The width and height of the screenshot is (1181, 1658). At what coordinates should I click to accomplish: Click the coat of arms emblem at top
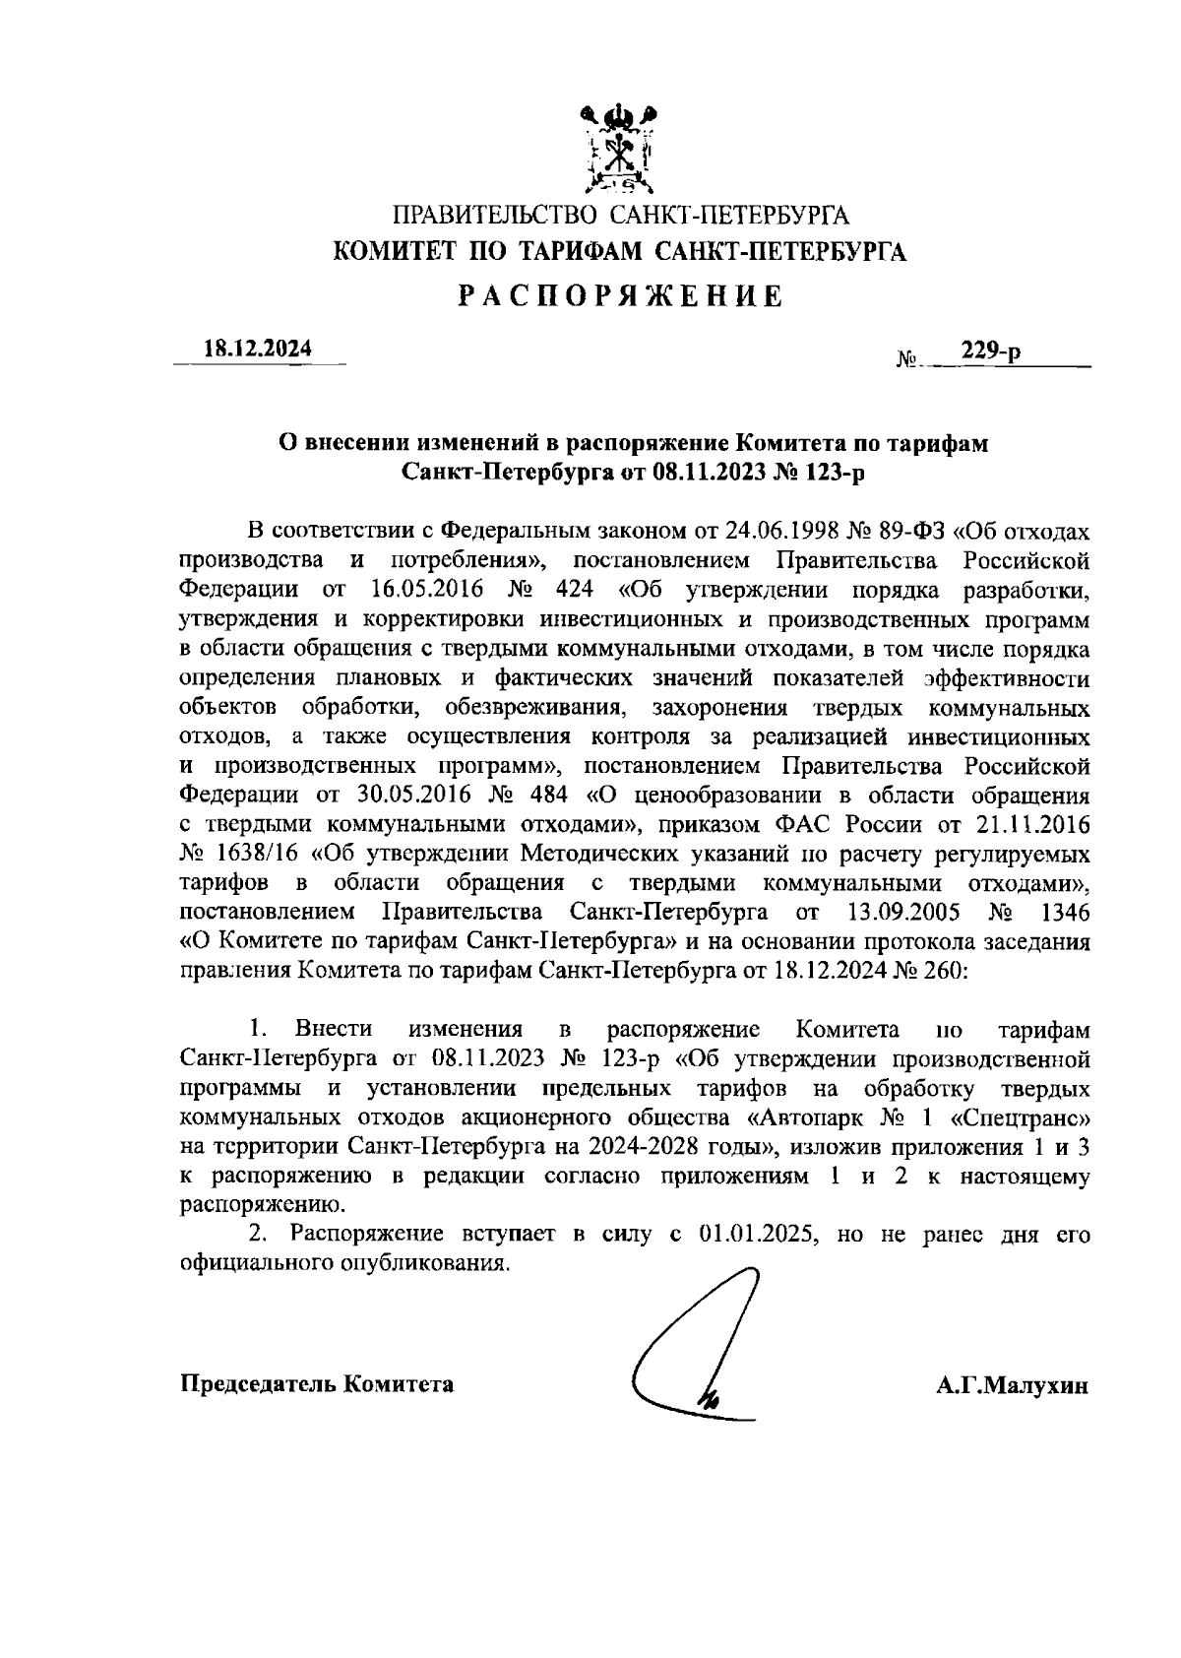619,149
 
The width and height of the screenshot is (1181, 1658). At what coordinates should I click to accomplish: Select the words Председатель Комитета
317,1384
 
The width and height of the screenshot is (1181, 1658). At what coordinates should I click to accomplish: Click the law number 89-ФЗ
911,533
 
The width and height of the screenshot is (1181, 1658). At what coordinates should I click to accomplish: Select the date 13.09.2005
903,910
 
